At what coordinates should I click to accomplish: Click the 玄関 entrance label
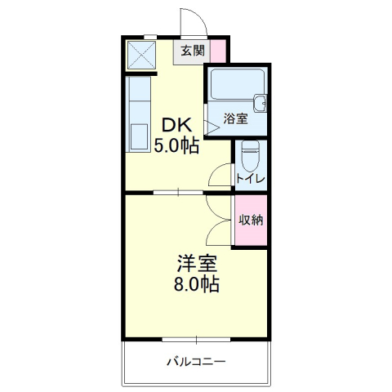click(x=193, y=51)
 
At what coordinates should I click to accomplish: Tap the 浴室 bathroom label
click(x=237, y=119)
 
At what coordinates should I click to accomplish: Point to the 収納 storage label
click(x=251, y=220)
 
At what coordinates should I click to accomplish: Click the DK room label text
click(x=176, y=126)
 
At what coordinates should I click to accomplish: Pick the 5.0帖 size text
click(x=176, y=147)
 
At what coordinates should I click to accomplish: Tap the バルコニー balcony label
click(x=196, y=361)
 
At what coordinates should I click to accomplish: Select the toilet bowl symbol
click(x=252, y=153)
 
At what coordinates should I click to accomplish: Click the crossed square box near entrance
click(x=140, y=55)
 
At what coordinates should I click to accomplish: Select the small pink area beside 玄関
click(x=218, y=51)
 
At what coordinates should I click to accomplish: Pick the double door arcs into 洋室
click(x=219, y=220)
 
